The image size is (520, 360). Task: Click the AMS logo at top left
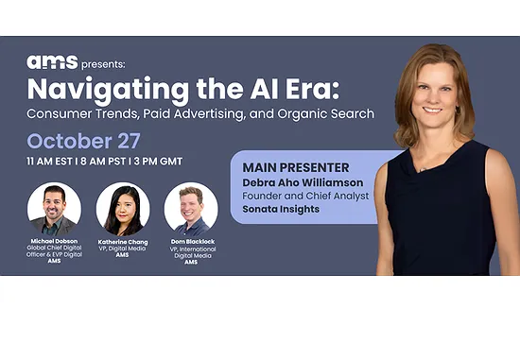click(45, 62)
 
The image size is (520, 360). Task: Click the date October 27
click(84, 141)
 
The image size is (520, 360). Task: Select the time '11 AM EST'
click(54, 163)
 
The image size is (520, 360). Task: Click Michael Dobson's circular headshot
click(54, 209)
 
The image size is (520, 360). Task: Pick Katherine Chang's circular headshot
click(123, 209)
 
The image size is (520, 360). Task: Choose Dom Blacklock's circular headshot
click(191, 209)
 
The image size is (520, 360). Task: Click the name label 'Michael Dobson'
click(55, 242)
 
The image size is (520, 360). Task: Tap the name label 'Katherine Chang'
click(123, 242)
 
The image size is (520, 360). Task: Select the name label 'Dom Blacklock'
click(191, 242)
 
